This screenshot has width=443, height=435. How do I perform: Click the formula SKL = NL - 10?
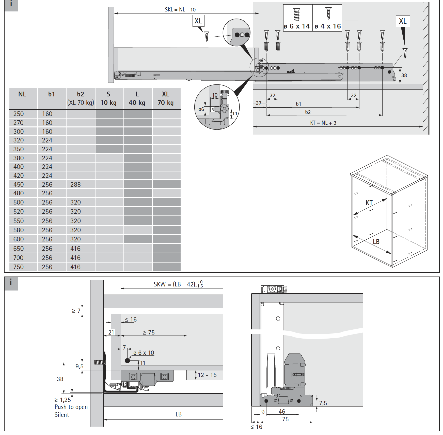coord(180,10)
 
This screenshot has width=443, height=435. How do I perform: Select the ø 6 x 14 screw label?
coord(297,26)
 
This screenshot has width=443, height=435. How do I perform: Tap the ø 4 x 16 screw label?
coord(328,26)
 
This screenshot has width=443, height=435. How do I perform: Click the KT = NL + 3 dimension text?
coord(323,123)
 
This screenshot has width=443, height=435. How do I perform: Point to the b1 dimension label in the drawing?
coord(298,104)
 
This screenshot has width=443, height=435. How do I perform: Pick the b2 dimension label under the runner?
coord(308,112)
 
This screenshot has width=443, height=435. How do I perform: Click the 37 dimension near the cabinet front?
coord(259,103)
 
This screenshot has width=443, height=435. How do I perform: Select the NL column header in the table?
coord(22,94)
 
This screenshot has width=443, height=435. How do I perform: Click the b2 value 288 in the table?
coord(75,184)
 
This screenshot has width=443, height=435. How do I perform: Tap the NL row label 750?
coord(19,267)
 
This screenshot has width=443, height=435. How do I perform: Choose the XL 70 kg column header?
coord(166,98)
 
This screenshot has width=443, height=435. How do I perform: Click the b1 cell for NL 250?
coord(47,114)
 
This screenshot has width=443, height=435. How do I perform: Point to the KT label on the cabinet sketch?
coord(369,203)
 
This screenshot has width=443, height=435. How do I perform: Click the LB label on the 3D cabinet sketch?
coord(376,242)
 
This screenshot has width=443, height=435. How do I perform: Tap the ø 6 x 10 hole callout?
coord(144,353)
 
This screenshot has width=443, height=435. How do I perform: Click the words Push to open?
coord(71,407)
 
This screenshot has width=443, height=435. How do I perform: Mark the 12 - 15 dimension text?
coord(207,375)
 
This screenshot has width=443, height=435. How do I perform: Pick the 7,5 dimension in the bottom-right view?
coord(323,403)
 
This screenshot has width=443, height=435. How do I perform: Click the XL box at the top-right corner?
coord(403,21)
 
